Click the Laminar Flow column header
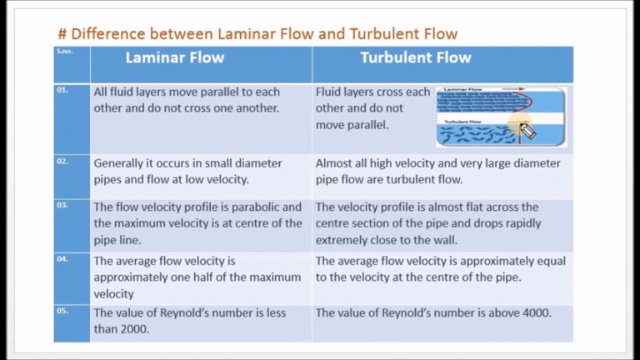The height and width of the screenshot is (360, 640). pyautogui.click(x=175, y=58)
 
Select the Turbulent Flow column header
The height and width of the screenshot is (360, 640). pyautogui.click(x=416, y=58)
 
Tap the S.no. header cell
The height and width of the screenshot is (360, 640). pyautogui.click(x=64, y=52)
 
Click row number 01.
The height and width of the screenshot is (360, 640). pyautogui.click(x=62, y=90)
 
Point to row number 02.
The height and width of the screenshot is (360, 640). pyautogui.click(x=62, y=161)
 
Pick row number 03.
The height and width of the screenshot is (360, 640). pyautogui.click(x=62, y=204)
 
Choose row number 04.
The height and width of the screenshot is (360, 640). pyautogui.click(x=62, y=259)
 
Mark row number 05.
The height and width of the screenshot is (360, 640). pyautogui.click(x=62, y=311)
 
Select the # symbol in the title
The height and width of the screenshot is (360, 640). pyautogui.click(x=62, y=34)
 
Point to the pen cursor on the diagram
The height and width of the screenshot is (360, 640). pyautogui.click(x=526, y=129)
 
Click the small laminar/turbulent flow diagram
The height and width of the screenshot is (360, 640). pyautogui.click(x=500, y=117)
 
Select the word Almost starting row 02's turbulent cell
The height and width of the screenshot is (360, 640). pyautogui.click(x=336, y=163)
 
